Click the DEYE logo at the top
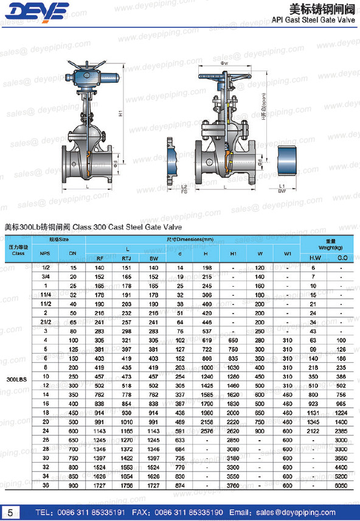(38, 12)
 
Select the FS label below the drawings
(184, 192)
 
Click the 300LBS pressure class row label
(16, 379)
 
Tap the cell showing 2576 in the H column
(206, 431)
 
